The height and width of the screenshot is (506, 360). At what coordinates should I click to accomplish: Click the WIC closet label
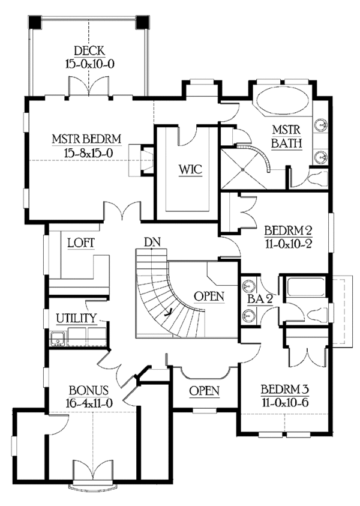[x=190, y=169]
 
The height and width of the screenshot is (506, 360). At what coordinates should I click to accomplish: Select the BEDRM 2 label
[x=288, y=231]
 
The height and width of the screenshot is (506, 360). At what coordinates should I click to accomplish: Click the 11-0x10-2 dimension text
[x=288, y=244]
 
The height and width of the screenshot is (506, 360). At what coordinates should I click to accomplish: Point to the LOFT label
[x=81, y=243]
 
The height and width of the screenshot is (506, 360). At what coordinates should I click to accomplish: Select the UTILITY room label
[x=76, y=318]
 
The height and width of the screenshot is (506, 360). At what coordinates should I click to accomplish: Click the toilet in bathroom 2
[x=317, y=313]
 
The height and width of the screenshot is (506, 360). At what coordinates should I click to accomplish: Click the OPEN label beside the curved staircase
[x=209, y=297]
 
